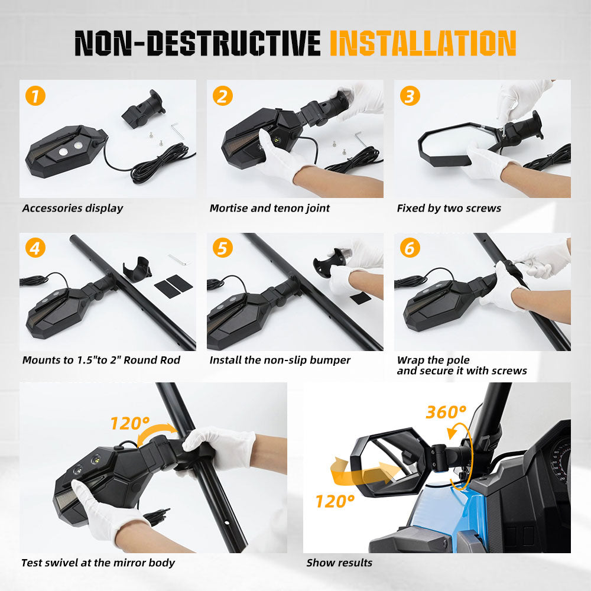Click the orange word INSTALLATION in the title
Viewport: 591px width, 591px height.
(x=423, y=43)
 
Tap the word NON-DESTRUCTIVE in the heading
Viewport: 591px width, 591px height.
(x=197, y=43)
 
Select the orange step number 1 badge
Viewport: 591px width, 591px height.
(x=35, y=96)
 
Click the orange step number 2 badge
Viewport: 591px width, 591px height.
(x=223, y=96)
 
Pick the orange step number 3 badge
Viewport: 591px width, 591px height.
(x=410, y=96)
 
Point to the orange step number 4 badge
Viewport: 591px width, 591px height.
(x=35, y=248)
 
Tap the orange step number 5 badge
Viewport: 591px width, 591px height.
(x=223, y=248)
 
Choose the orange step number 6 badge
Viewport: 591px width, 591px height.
(x=410, y=248)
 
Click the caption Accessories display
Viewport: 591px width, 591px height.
(x=73, y=209)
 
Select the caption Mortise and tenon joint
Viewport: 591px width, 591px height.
(x=269, y=209)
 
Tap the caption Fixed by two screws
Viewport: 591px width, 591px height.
(x=449, y=209)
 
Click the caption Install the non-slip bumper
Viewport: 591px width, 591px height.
(x=280, y=361)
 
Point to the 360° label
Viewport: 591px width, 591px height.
(x=446, y=412)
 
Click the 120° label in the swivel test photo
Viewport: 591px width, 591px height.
(x=130, y=423)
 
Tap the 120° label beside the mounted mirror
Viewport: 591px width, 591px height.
(x=335, y=502)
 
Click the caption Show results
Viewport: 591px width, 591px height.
(x=339, y=563)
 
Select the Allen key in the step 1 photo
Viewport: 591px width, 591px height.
(x=177, y=130)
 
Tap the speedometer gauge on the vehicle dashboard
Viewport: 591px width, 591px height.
(x=561, y=462)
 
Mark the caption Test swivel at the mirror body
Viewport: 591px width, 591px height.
(x=98, y=563)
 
